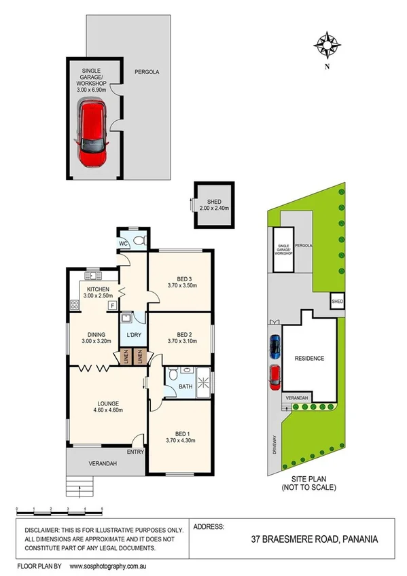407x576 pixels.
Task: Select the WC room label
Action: coord(124,242)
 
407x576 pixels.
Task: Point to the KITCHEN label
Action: coord(96,287)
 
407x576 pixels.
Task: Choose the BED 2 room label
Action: coord(181,334)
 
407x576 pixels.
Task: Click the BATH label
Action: coord(185,387)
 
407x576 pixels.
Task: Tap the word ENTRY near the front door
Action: coord(135,451)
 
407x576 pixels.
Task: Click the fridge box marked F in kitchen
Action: coord(111,306)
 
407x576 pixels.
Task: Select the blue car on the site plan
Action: coord(275,346)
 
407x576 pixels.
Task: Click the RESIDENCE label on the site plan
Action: coord(309,358)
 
